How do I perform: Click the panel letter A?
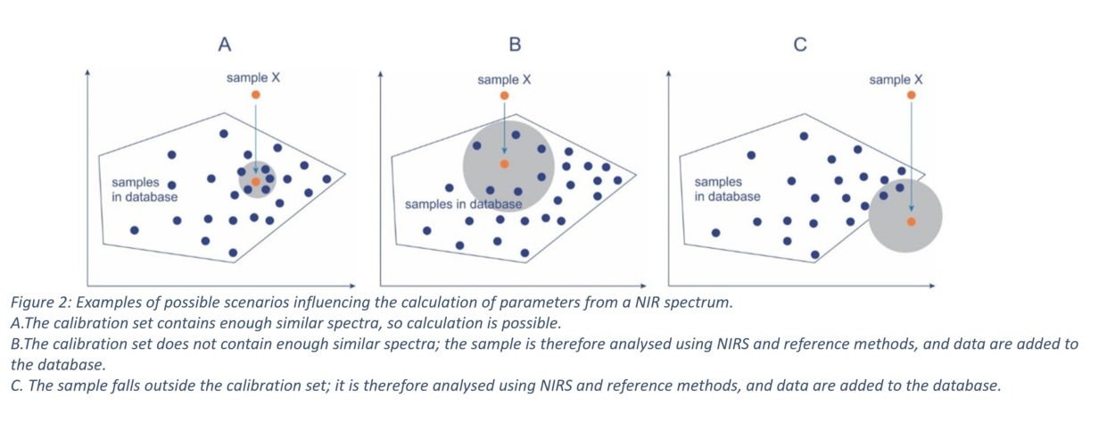225,45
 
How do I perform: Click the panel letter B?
516,45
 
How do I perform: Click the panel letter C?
800,45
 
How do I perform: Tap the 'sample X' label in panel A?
253,78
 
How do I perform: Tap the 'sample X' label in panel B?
504,79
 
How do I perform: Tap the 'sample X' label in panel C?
896,79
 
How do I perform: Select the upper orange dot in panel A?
256,95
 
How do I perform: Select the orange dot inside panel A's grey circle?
256,182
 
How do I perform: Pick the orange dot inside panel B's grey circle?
504,164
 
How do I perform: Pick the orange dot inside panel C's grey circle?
912,221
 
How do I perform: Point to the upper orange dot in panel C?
912,95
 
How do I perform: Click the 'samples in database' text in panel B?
464,204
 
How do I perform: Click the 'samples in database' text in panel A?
145,190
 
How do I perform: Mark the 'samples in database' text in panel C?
727,189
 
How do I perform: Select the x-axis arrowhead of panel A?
353,286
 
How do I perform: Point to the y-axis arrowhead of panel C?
668,74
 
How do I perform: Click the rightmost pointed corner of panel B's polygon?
636,175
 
